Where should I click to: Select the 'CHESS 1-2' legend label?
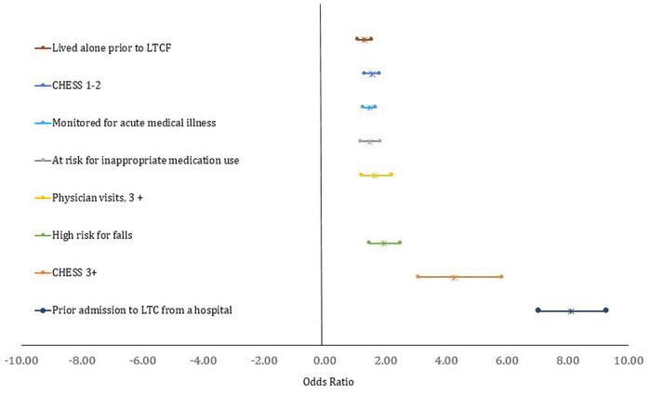coord(77,85)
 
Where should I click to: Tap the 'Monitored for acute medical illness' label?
coord(134,123)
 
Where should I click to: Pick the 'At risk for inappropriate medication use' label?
coord(146,160)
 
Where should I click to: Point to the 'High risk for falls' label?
coord(92,235)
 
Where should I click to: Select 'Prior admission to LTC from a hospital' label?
coord(141,309)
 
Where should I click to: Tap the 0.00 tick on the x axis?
coord(323,359)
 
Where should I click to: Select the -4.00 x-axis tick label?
coord(203,359)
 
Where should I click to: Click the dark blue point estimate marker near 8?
coord(571,310)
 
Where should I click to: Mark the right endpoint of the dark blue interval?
coord(605,310)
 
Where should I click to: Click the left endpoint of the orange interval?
coord(418,276)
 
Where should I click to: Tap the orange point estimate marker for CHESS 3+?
coord(454,277)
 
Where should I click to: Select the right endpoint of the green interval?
coord(399,243)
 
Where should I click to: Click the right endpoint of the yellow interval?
coord(391,175)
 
